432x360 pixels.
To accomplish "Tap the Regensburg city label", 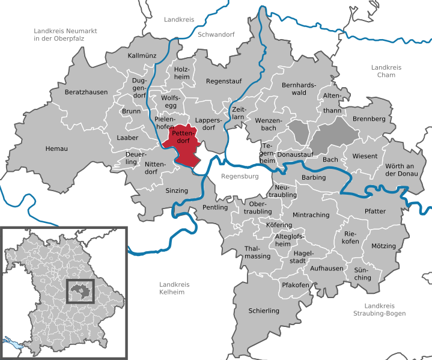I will coord(239,177).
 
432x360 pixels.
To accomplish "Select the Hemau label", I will coord(56,148).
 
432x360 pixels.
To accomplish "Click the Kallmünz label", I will coord(142,56).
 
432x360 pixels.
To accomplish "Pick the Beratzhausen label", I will coord(87,93).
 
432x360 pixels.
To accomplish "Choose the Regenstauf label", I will coord(223,81).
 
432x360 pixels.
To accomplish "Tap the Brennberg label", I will coord(369,119).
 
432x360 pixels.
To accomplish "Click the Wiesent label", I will coord(365,156).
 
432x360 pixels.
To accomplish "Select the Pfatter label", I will coord(375,211).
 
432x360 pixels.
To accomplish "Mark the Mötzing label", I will coord(384,246).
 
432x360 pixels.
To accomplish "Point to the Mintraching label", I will coord(311,215).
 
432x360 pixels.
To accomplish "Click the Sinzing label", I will coord(177,191).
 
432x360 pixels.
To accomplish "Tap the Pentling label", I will coord(216,207).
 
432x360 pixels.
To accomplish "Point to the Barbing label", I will coord(314,177).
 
